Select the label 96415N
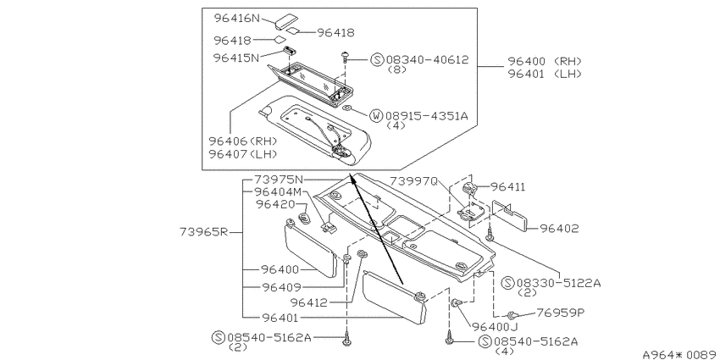click(236, 58)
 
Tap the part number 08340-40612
click(427, 59)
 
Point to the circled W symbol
click(376, 115)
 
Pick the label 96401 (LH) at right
click(544, 74)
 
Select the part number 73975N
click(280, 180)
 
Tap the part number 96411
click(508, 187)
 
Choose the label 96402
click(559, 228)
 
